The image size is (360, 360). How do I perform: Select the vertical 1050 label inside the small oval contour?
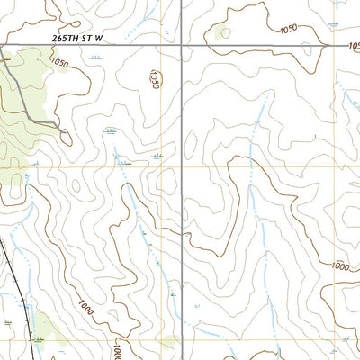pos(154,78)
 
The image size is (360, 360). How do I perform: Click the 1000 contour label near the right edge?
pos(340,265)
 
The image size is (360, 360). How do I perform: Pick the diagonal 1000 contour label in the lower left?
pos(85,309)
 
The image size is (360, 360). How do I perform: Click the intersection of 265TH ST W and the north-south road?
pos(182,44)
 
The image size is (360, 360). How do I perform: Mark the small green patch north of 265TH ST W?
pos(221,34)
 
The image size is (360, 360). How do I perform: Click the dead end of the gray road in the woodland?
pos(68,136)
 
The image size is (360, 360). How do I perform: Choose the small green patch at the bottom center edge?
pos(168,342)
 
